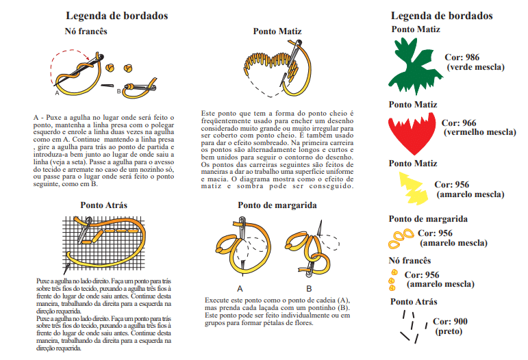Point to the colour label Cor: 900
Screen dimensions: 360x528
tap(450, 322)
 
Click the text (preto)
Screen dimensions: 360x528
tap(449, 331)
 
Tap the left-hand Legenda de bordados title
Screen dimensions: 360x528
tap(117, 16)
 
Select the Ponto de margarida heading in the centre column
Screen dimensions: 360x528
tap(277, 205)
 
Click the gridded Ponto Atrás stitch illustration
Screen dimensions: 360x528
tap(103, 243)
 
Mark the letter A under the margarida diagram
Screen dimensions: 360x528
tap(240, 288)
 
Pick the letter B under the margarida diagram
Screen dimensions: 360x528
tap(308, 288)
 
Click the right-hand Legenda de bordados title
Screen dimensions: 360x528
tap(442, 16)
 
